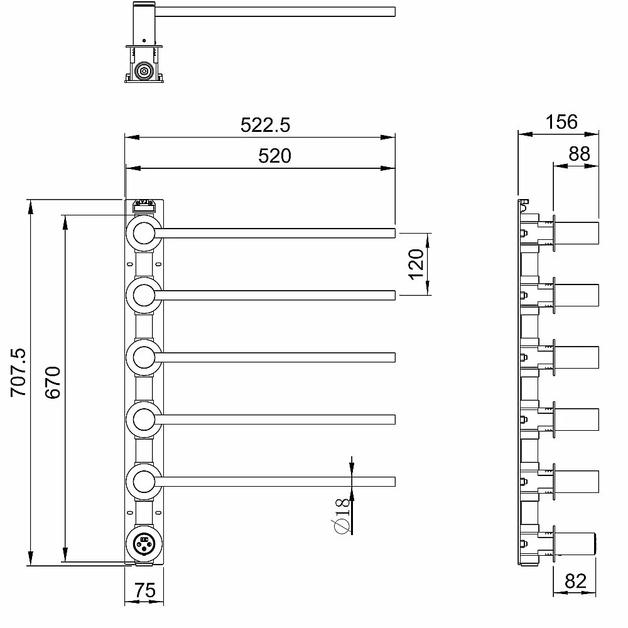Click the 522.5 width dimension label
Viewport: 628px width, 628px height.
[265, 125]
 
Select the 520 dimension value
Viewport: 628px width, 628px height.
[275, 156]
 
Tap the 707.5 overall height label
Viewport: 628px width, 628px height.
[18, 372]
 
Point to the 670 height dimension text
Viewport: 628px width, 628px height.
[53, 382]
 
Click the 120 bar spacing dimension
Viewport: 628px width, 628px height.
[416, 264]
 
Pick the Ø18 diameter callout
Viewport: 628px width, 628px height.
[341, 516]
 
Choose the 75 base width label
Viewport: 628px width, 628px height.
[144, 590]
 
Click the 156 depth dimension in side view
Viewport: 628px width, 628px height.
[561, 122]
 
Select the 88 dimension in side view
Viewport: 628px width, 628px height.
[579, 154]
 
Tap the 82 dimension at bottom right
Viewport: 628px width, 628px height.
[575, 581]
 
